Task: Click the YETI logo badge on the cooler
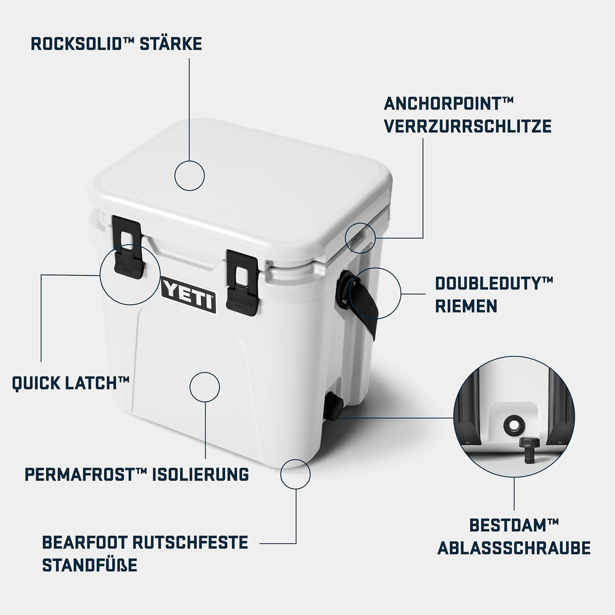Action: click(188, 295)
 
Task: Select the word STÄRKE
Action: click(171, 43)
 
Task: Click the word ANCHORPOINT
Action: click(443, 104)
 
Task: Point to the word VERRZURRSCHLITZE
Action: click(468, 126)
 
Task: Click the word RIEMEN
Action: click(466, 306)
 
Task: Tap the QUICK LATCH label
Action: click(71, 383)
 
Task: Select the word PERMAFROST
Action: click(74, 474)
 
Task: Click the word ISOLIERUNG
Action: click(200, 474)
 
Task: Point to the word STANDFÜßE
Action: click(89, 565)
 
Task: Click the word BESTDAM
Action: click(508, 525)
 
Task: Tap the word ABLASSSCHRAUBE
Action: click(514, 548)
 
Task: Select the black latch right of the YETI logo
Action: click(243, 283)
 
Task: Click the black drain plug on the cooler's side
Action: click(333, 406)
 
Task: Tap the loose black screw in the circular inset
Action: click(529, 451)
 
